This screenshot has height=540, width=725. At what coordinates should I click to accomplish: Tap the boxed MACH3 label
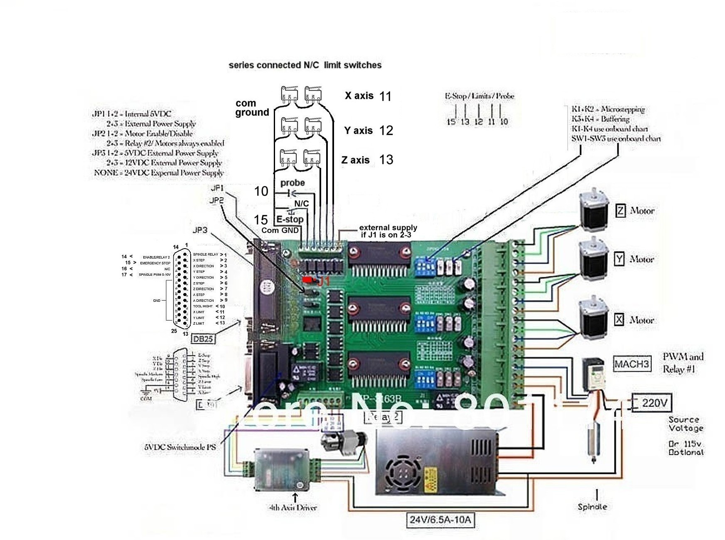[632, 364]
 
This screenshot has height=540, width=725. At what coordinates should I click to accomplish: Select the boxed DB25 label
[203, 339]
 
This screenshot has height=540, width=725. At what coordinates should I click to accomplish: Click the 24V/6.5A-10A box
[440, 519]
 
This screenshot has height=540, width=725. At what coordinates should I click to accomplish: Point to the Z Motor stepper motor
[594, 210]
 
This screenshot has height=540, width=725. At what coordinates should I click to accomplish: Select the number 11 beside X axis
[385, 96]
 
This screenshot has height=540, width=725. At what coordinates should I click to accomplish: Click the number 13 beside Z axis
[386, 160]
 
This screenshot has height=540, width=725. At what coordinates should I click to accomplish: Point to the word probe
[292, 183]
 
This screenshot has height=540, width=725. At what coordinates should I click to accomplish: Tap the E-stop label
[290, 219]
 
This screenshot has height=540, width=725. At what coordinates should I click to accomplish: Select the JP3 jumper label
[200, 230]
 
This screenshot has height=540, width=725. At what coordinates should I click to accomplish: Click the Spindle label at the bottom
[592, 507]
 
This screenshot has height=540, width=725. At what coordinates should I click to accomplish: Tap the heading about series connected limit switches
[305, 65]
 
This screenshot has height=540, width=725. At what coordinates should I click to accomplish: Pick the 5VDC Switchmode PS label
[180, 447]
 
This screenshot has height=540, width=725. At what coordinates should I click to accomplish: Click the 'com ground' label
[252, 108]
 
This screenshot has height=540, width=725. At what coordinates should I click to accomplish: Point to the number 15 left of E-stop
[261, 219]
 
